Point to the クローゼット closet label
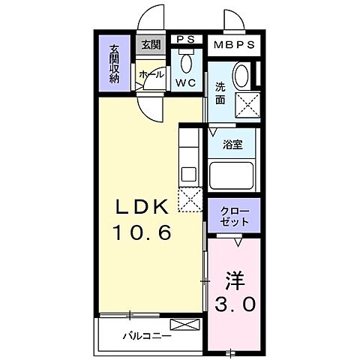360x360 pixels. click(x=233, y=215)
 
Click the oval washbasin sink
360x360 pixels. click(x=242, y=76)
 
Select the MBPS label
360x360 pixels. click(x=233, y=43)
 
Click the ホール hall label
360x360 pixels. click(x=151, y=75)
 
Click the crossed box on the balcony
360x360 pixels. click(x=186, y=325)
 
